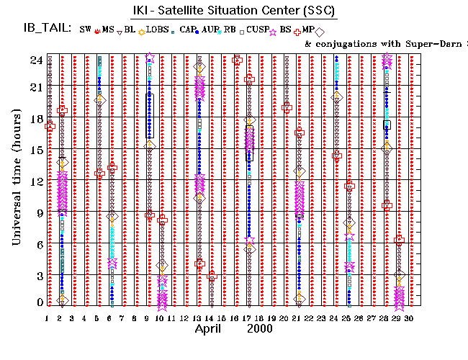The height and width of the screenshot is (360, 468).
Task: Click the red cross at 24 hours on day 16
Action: tap(238, 60)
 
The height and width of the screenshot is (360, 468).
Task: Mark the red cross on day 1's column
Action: tap(50, 126)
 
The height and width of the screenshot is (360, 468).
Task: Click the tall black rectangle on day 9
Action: tap(150, 115)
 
